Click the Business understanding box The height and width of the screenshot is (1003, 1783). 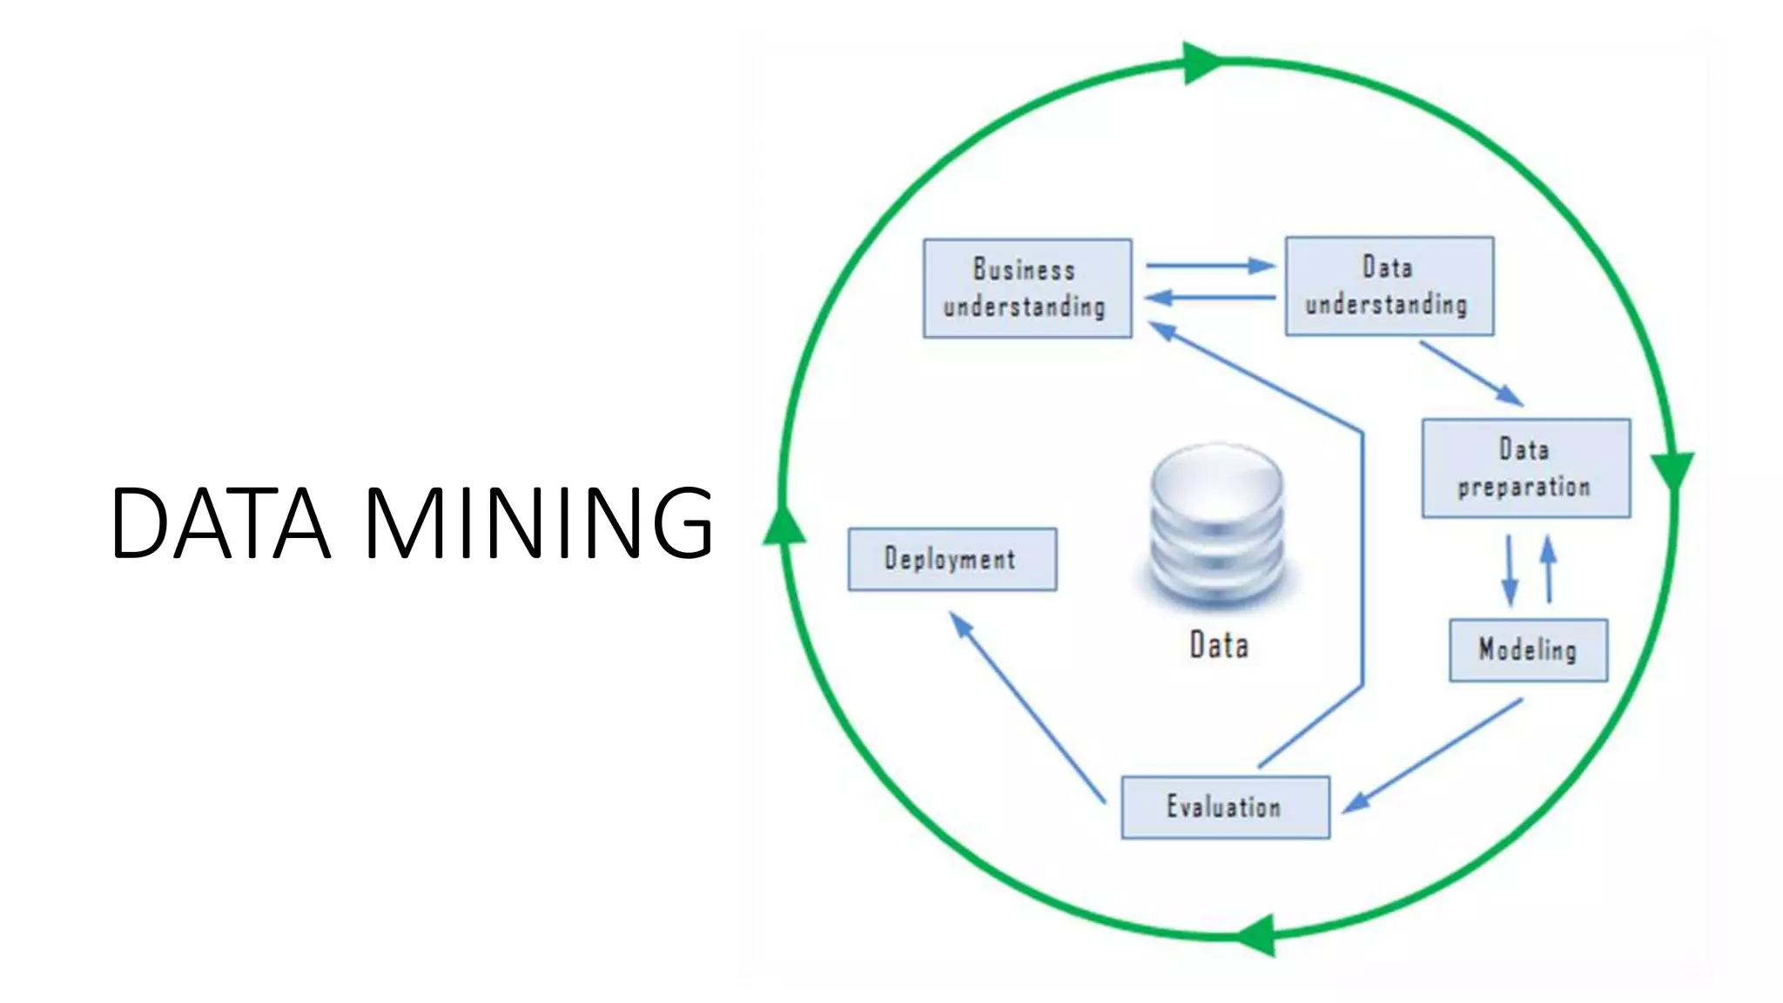coord(1027,288)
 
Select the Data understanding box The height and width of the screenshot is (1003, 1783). coord(1389,286)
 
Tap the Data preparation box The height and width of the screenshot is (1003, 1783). coord(1525,468)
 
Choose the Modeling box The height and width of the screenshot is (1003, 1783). coord(1528,650)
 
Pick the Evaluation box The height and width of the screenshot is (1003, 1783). coord(1225,807)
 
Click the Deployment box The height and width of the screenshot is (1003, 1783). coord(952,559)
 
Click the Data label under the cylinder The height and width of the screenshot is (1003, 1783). coord(1219,645)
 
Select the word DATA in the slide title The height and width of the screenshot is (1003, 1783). coord(221,522)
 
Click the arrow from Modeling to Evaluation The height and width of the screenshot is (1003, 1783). coord(1432,756)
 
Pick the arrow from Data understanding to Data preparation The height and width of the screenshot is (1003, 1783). coord(1471,374)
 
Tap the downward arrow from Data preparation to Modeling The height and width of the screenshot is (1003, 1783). coord(1510,570)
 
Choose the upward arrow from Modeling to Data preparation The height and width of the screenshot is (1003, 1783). coord(1548,569)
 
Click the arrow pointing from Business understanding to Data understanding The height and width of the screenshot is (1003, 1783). coord(1210,266)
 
